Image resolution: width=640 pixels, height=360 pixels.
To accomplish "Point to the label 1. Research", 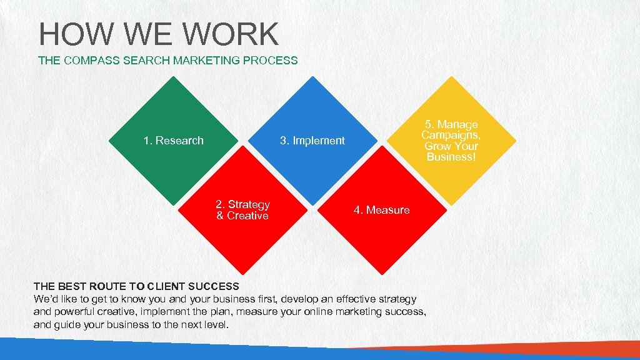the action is [x=173, y=141].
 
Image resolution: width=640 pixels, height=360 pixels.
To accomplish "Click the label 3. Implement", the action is [x=312, y=141].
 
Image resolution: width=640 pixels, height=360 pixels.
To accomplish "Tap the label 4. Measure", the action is [x=381, y=210].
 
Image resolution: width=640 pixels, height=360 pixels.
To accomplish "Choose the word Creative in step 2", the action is [x=247, y=216].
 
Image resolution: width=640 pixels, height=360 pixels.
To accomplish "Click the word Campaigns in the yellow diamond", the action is [x=451, y=135].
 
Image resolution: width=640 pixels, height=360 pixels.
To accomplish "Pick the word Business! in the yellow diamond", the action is [x=451, y=157].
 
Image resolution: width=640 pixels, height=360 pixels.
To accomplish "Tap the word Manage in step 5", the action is [x=457, y=125].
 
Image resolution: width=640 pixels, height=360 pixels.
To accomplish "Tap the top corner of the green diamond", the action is [x=173, y=77].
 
